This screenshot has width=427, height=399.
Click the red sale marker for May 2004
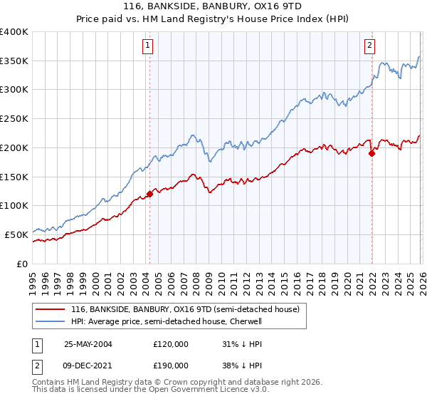149,194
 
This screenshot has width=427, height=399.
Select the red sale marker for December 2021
371,152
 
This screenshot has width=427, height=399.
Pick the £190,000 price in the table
171,365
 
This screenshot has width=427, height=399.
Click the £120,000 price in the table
171,343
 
